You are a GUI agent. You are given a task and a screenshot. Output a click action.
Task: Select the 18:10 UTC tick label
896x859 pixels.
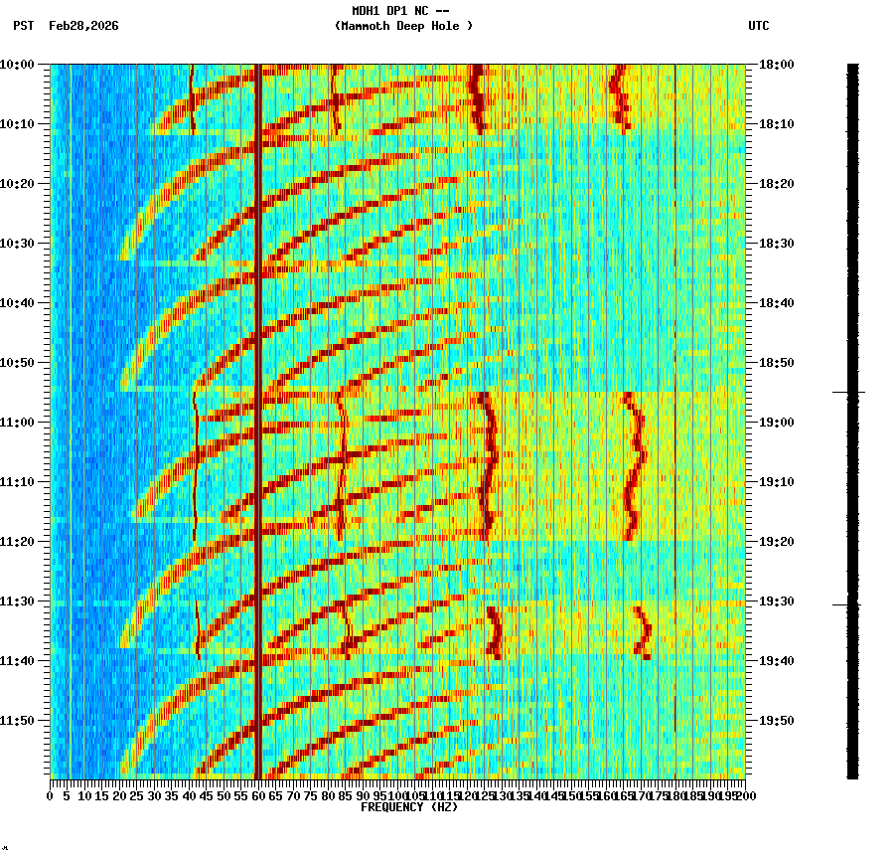click(x=777, y=124)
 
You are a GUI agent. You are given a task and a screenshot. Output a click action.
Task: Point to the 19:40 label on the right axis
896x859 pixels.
click(x=777, y=661)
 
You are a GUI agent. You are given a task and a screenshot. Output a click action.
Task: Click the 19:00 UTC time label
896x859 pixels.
click(x=777, y=423)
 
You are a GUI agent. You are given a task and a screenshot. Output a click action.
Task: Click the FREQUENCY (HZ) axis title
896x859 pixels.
click(x=409, y=807)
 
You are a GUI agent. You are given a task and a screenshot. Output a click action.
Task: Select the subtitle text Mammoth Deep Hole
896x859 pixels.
click(x=403, y=26)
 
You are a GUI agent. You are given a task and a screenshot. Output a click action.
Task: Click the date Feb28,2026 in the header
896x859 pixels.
click(x=83, y=26)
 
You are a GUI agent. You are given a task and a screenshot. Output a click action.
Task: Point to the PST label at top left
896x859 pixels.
click(x=24, y=26)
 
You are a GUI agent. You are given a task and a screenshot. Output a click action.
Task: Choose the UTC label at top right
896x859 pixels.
click(x=759, y=26)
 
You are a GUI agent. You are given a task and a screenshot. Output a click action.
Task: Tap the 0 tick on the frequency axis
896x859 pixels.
click(x=51, y=795)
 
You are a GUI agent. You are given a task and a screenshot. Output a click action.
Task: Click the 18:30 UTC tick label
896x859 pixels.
click(x=777, y=244)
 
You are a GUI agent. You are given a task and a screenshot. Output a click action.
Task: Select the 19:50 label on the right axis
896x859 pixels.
click(x=777, y=721)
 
